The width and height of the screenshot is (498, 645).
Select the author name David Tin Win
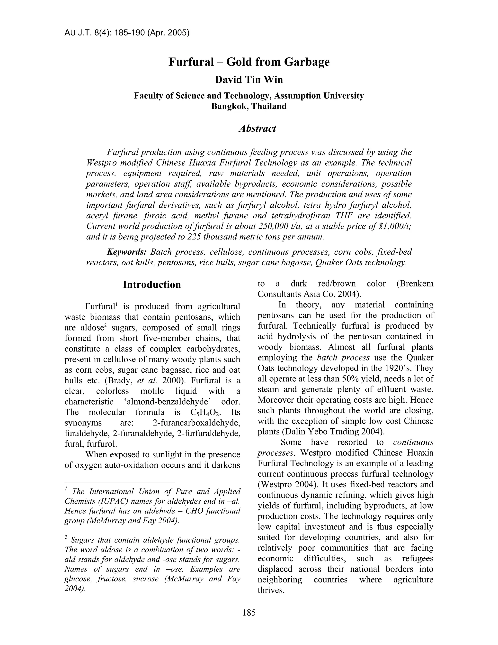pyautogui.click(x=249, y=80)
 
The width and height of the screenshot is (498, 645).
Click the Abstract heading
pyautogui.click(x=257, y=129)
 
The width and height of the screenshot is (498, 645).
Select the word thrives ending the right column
pyautogui.click(x=271, y=590)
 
